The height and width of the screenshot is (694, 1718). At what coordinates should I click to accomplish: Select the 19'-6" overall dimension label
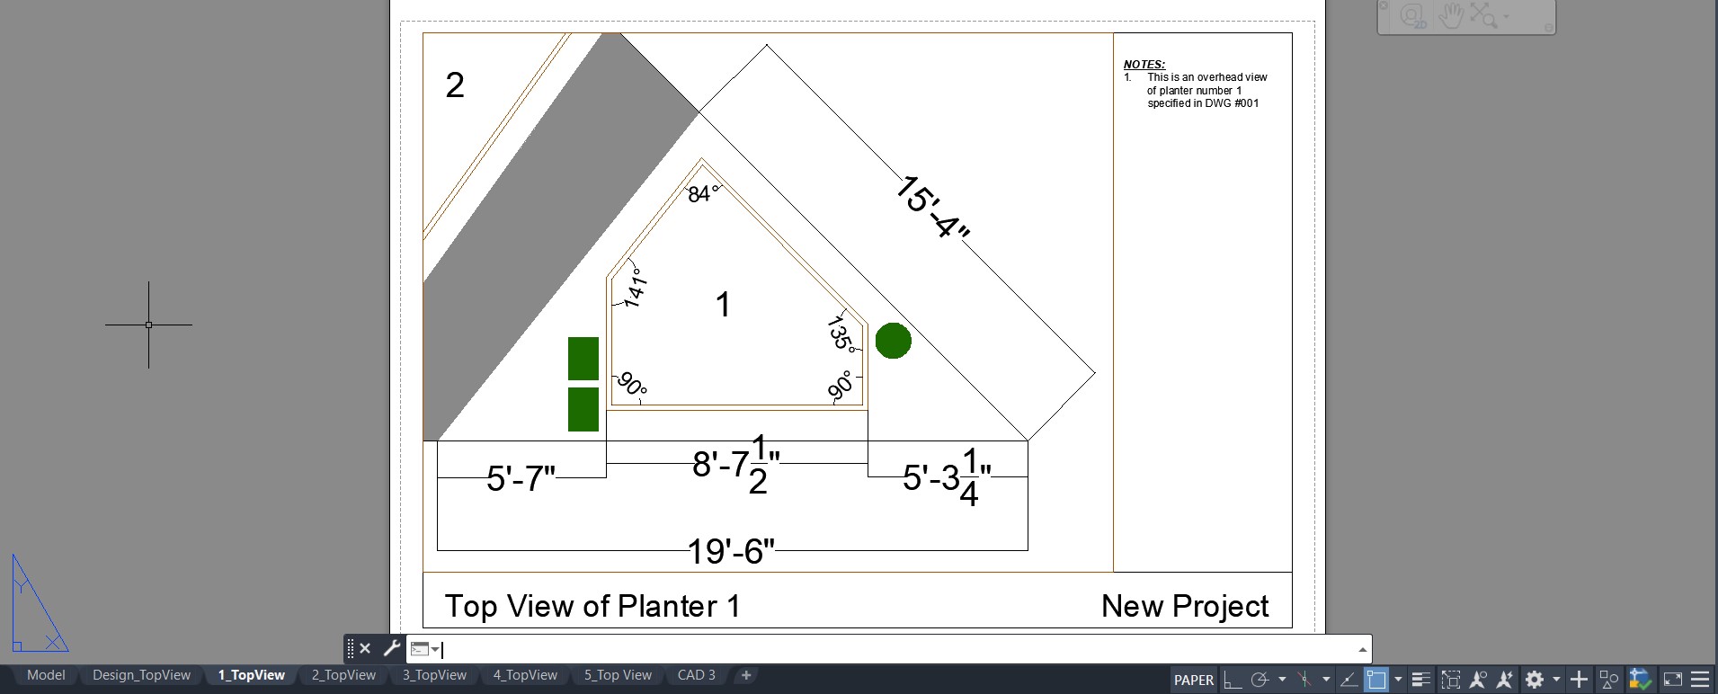pyautogui.click(x=731, y=551)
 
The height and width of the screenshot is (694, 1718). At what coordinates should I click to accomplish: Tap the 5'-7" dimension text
pyautogui.click(x=521, y=478)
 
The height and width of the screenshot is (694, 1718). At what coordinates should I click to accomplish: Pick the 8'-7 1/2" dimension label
pyautogui.click(x=736, y=464)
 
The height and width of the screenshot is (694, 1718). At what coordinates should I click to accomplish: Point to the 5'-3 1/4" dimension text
pyautogui.click(x=947, y=477)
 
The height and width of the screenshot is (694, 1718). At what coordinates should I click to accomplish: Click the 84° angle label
pyautogui.click(x=702, y=193)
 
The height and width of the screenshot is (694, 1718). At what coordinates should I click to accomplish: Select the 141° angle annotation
pyautogui.click(x=635, y=287)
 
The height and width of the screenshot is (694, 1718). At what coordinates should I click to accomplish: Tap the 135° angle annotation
pyautogui.click(x=841, y=334)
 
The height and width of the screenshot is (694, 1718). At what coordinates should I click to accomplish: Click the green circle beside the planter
pyautogui.click(x=893, y=341)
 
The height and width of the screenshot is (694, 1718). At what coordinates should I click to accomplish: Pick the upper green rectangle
pyautogui.click(x=583, y=359)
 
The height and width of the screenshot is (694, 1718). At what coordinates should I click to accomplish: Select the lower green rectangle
pyautogui.click(x=583, y=409)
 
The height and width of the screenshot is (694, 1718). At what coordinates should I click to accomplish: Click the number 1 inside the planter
pyautogui.click(x=723, y=305)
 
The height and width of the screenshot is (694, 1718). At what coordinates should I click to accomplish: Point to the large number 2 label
pyautogui.click(x=455, y=85)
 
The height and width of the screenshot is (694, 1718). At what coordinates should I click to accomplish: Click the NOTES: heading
pyautogui.click(x=1144, y=65)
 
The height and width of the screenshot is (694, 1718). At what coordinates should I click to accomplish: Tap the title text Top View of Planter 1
pyautogui.click(x=592, y=606)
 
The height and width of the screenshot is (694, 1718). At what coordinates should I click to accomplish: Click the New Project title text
pyautogui.click(x=1185, y=606)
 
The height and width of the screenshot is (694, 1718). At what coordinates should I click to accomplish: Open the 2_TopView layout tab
pyautogui.click(x=343, y=675)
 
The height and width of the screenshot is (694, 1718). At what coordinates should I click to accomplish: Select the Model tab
pyautogui.click(x=46, y=675)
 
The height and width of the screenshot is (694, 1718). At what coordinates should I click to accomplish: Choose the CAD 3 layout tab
pyautogui.click(x=697, y=675)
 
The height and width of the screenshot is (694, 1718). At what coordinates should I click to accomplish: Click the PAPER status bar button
pyautogui.click(x=1194, y=681)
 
